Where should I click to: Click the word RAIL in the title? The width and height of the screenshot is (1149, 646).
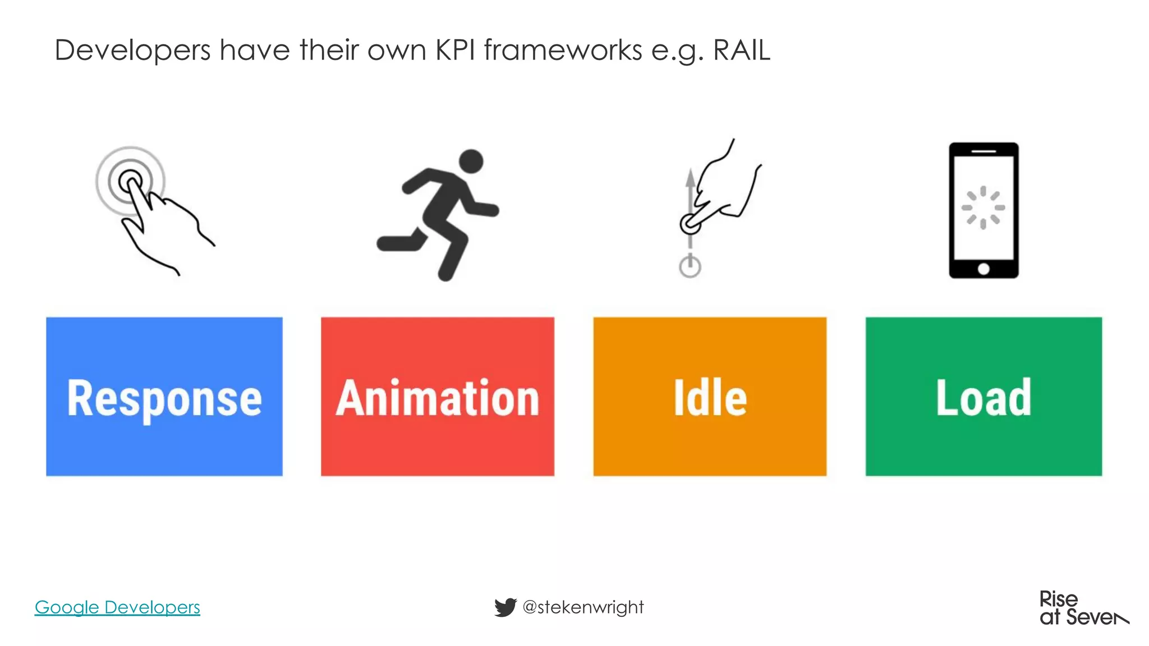click(741, 50)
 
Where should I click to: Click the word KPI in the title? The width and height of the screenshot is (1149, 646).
click(454, 50)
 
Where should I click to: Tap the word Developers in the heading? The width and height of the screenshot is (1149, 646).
click(132, 50)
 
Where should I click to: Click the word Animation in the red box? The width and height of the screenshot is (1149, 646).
click(438, 398)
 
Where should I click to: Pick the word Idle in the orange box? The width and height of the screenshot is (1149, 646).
click(710, 398)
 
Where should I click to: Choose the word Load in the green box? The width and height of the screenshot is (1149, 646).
click(983, 398)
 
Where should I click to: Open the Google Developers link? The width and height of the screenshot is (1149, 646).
click(117, 607)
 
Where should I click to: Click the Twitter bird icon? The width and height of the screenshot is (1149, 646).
click(505, 607)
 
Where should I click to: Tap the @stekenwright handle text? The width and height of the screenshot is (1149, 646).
click(583, 607)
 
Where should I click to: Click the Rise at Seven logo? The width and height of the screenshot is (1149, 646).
click(1083, 608)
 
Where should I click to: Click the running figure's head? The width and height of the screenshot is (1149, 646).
click(471, 161)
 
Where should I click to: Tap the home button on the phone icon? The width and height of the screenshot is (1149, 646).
click(983, 269)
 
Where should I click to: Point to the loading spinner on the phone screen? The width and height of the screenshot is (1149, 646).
click(983, 207)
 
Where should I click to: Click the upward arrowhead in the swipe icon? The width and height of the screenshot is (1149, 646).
click(690, 178)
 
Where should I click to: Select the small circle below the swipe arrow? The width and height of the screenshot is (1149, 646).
click(690, 266)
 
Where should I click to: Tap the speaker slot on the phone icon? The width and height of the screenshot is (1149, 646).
click(983, 151)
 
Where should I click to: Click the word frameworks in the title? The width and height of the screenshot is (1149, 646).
click(563, 50)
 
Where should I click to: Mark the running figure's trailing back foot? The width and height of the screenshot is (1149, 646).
click(387, 243)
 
